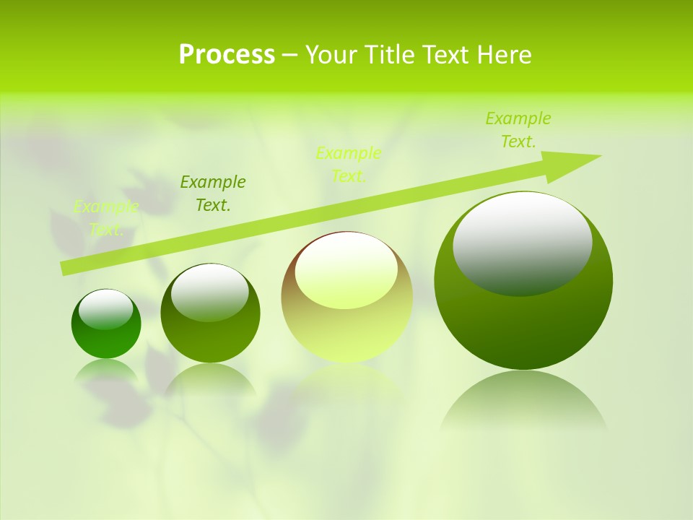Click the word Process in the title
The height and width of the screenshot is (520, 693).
tap(227, 55)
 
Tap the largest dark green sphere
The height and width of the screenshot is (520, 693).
tap(523, 325)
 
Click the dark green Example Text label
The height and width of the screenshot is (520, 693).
tap(212, 194)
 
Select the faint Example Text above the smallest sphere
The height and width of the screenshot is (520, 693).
tap(106, 218)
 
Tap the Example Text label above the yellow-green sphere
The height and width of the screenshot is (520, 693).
tap(349, 165)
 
